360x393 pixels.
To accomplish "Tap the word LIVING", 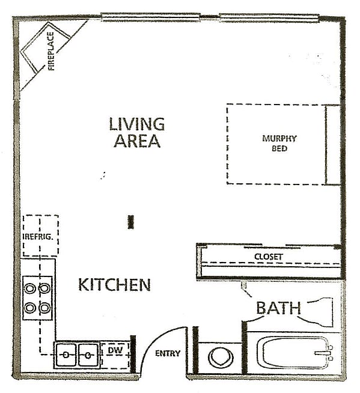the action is [x=137, y=124].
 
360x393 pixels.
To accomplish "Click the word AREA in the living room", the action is [x=137, y=141].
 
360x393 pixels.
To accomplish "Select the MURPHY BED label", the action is [x=279, y=143].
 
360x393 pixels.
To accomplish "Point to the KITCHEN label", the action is [x=115, y=285].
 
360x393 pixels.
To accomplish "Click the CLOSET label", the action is [x=269, y=257].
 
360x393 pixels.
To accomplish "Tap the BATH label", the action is [x=278, y=308].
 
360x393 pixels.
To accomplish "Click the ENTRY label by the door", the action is [x=168, y=353].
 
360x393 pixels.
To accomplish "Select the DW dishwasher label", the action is [x=115, y=350].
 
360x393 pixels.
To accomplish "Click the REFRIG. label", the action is [x=38, y=237].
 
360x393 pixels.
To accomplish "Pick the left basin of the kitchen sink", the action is [x=66, y=355].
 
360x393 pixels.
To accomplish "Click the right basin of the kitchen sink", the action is [x=88, y=355].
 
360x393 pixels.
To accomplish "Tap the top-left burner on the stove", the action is [x=29, y=288].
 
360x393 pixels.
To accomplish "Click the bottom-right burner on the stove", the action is [x=44, y=307].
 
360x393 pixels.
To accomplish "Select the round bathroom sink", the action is [x=221, y=358].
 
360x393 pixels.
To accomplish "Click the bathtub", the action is [x=295, y=352].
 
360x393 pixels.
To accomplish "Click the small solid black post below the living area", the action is [x=130, y=222].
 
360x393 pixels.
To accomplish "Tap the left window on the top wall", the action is [x=151, y=17].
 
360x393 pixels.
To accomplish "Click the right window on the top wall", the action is [x=269, y=18].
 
